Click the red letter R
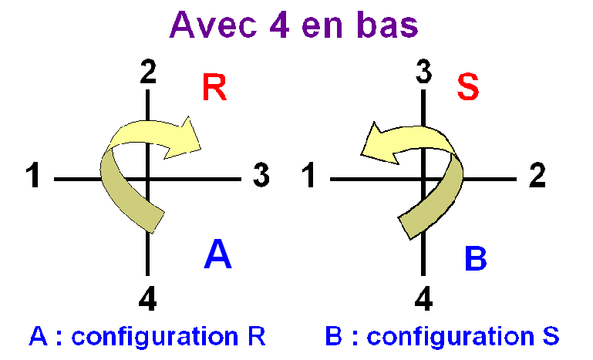(x=214, y=87)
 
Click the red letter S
(x=468, y=87)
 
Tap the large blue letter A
(x=217, y=254)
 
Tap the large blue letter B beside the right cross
(x=475, y=258)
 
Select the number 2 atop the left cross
(x=148, y=72)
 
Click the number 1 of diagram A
(x=33, y=175)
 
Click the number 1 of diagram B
(x=309, y=175)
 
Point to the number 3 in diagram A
(x=261, y=175)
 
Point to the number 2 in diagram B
(x=537, y=175)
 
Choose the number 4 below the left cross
(x=147, y=298)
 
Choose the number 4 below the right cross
(x=423, y=298)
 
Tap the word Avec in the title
(x=214, y=25)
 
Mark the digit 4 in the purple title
(x=280, y=25)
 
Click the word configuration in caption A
(x=155, y=337)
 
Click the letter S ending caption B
(x=551, y=336)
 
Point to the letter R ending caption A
(x=257, y=336)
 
